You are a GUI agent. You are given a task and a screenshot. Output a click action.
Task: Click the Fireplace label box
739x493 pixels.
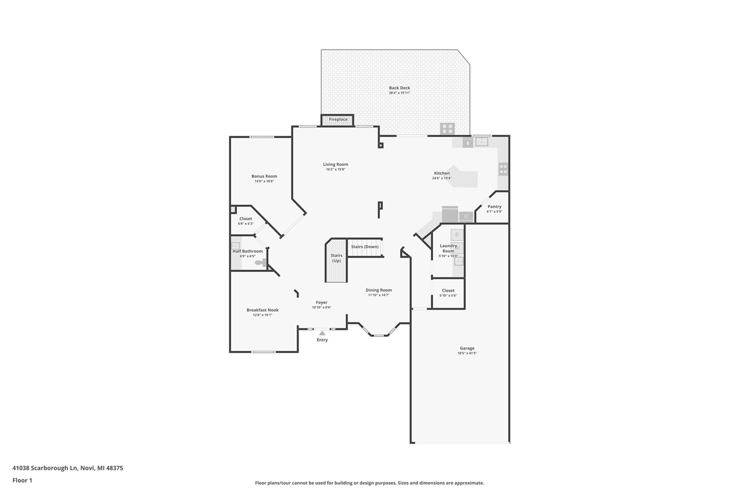[338, 120]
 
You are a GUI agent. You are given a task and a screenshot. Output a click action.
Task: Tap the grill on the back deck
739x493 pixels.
[447, 128]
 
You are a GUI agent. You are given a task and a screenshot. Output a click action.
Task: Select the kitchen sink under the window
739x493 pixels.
[482, 142]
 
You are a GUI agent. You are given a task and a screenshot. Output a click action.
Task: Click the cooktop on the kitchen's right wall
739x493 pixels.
[503, 169]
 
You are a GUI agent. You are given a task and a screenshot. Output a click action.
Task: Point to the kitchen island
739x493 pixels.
[465, 177]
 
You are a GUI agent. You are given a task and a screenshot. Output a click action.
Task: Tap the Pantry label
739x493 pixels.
[494, 206]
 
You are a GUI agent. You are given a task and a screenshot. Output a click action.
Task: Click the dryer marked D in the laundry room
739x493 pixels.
[457, 235]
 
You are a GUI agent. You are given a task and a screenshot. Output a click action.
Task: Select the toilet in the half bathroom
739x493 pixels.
[260, 262]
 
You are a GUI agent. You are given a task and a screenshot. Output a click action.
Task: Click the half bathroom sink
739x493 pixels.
[236, 246]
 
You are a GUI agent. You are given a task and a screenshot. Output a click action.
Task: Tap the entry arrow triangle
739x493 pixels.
[322, 332]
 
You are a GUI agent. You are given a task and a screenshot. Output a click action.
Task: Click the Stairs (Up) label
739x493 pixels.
[336, 258]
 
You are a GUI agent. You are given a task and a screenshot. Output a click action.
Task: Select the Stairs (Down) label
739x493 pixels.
[365, 247]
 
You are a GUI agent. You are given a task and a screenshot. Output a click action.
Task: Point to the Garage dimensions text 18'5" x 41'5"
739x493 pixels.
[467, 353]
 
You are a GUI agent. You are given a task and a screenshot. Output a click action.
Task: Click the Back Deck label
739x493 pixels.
[400, 88]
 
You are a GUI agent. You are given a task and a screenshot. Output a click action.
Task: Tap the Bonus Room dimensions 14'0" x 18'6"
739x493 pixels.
[264, 181]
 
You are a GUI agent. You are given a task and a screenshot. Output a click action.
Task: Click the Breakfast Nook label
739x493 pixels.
[262, 310]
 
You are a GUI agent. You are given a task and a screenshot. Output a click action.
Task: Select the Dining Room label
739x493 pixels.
[379, 290]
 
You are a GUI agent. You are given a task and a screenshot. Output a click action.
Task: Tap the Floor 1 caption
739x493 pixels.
[23, 480]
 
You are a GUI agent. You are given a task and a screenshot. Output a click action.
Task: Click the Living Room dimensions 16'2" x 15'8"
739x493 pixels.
[335, 169]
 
